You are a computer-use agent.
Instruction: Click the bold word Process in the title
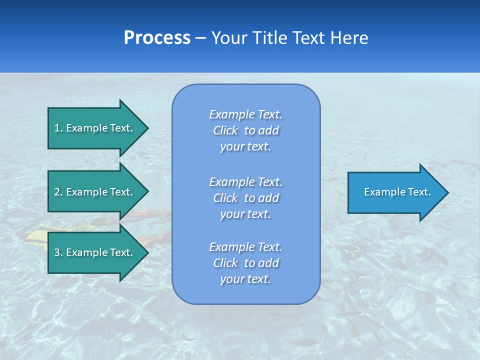pos(157,38)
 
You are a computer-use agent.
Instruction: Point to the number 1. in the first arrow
pos(58,128)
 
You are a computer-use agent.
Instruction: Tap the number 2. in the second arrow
pos(58,192)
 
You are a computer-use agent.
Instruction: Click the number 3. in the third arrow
pos(58,252)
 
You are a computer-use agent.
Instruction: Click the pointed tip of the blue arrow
pos(447,192)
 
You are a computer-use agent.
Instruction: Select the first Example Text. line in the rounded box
pos(246,114)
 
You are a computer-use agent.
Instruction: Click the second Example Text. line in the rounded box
pos(246,181)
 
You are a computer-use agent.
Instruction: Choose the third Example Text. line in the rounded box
pos(246,247)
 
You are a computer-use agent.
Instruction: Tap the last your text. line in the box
pos(245,279)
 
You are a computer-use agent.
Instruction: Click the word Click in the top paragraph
pos(225,130)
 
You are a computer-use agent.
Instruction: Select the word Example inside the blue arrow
pos(381,192)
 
